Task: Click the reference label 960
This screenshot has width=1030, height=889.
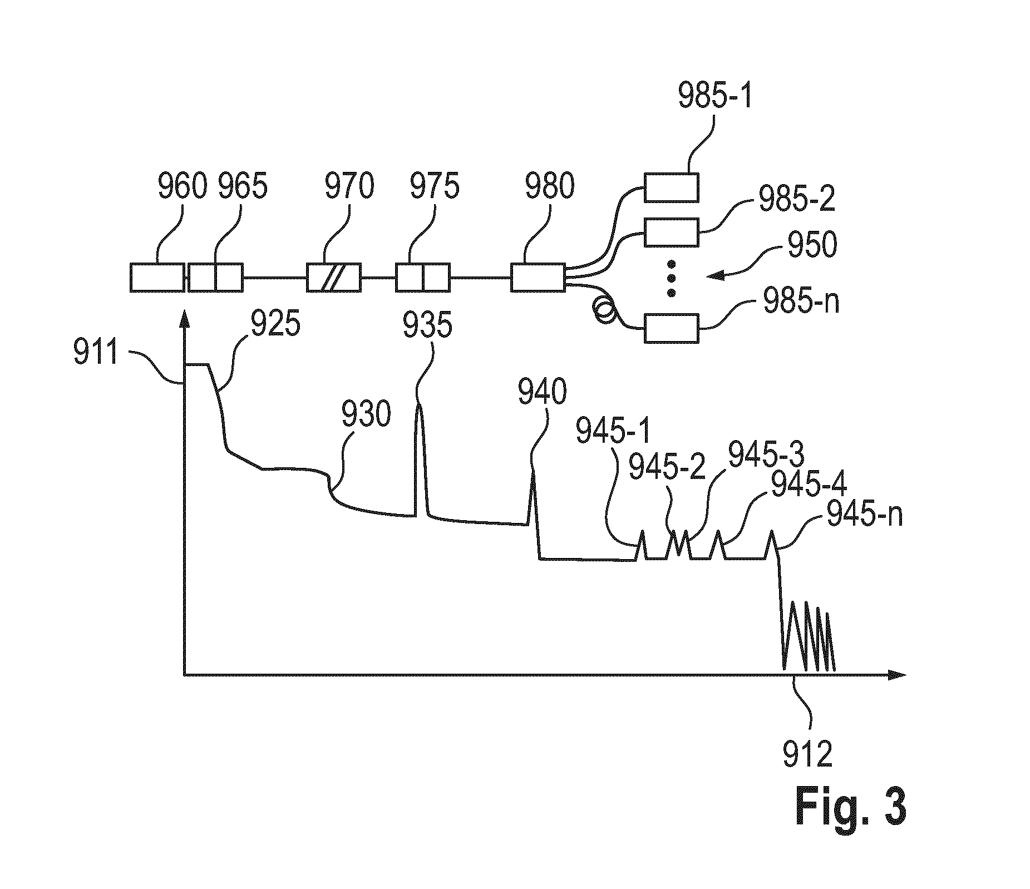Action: click(x=182, y=186)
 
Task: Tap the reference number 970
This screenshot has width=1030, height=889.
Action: click(x=349, y=186)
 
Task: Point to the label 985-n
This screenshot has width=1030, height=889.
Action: click(x=801, y=303)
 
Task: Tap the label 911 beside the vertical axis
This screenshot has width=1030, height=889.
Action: click(x=96, y=352)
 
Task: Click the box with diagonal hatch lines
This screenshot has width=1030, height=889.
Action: click(x=334, y=277)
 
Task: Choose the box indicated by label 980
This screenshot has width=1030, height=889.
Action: click(x=538, y=277)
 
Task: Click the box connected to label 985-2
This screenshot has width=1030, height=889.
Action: click(x=671, y=232)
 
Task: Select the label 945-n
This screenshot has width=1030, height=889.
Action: click(x=865, y=515)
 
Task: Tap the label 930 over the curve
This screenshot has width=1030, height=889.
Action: click(x=366, y=414)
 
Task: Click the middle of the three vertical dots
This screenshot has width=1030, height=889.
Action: click(x=671, y=278)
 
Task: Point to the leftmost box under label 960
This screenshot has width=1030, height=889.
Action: click(x=157, y=277)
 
